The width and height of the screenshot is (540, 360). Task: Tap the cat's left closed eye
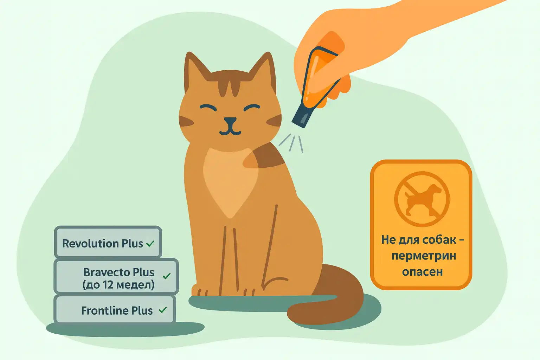coord(208,108)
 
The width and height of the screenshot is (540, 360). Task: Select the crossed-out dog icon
coord(422,199)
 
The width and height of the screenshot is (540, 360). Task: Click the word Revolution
coord(91,243)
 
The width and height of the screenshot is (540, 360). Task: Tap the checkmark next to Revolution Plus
coord(150,244)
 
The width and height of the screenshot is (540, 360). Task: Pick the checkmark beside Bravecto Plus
coord(167,276)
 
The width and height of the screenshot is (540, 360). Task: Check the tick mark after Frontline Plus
coord(163,310)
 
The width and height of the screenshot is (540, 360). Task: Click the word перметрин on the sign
coord(424,256)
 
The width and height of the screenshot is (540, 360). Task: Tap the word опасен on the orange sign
coord(422,272)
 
